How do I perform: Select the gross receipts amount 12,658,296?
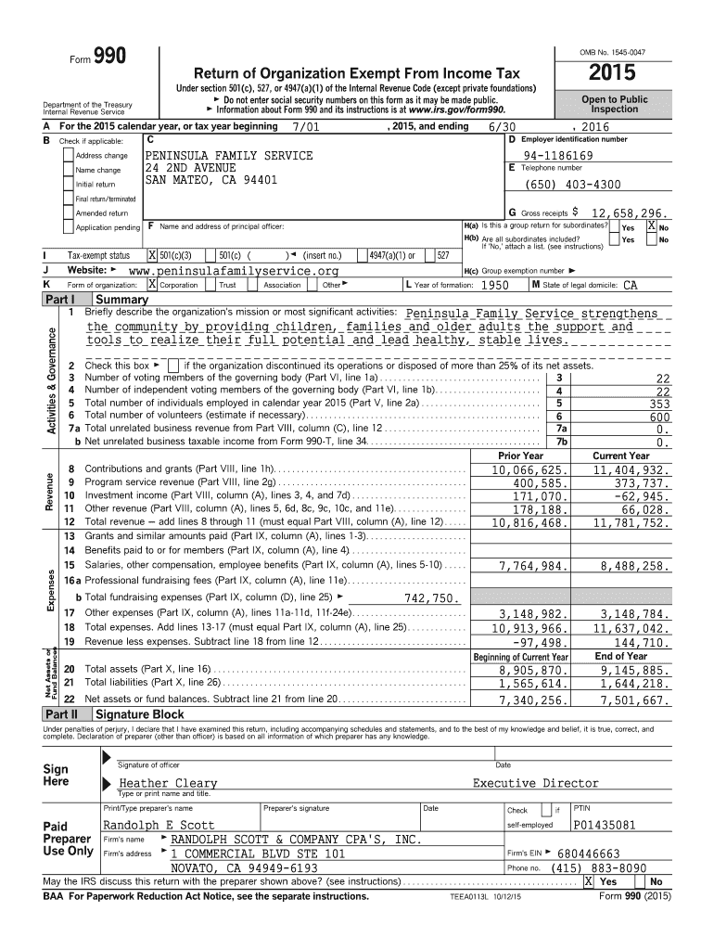618,212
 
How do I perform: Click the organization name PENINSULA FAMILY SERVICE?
229,155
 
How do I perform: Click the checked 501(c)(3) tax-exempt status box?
152,255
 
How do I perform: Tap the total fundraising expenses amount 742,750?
431,598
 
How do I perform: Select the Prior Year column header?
520,456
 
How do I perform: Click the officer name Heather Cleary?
168,783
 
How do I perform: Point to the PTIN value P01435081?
605,824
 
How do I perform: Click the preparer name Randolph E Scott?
159,824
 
